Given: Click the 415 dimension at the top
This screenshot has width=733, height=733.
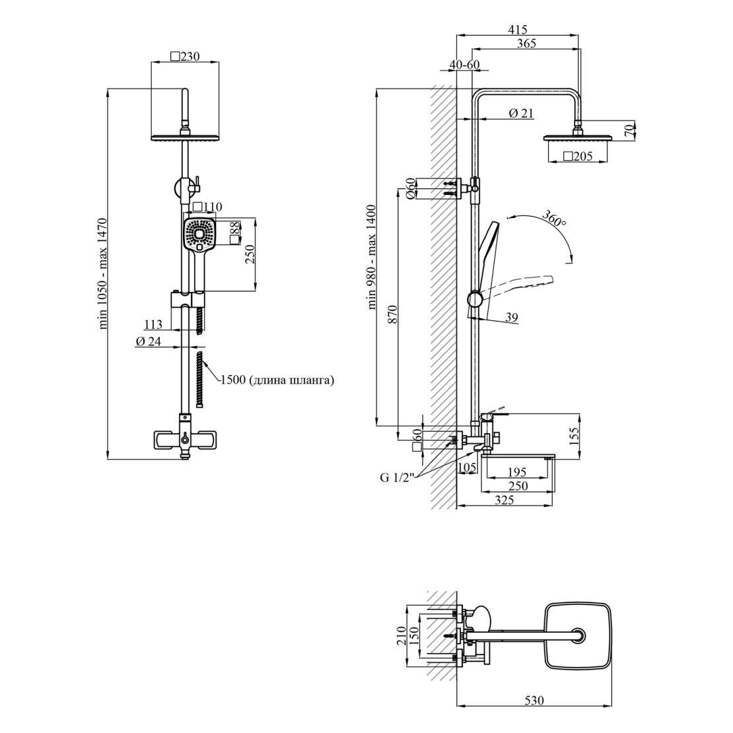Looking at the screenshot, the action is coord(518,30).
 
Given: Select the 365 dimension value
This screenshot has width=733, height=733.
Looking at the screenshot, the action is coord(526,44).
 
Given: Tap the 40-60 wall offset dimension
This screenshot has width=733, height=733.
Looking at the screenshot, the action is coord(464,65).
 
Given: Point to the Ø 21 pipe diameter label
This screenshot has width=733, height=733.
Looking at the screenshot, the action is coord(521,113).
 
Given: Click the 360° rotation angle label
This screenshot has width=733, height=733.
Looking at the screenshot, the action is coord(554,219).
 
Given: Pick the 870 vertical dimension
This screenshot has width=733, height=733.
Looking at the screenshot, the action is coord(392,314).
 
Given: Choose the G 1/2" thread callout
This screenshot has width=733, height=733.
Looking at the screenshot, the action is coord(397,477).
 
